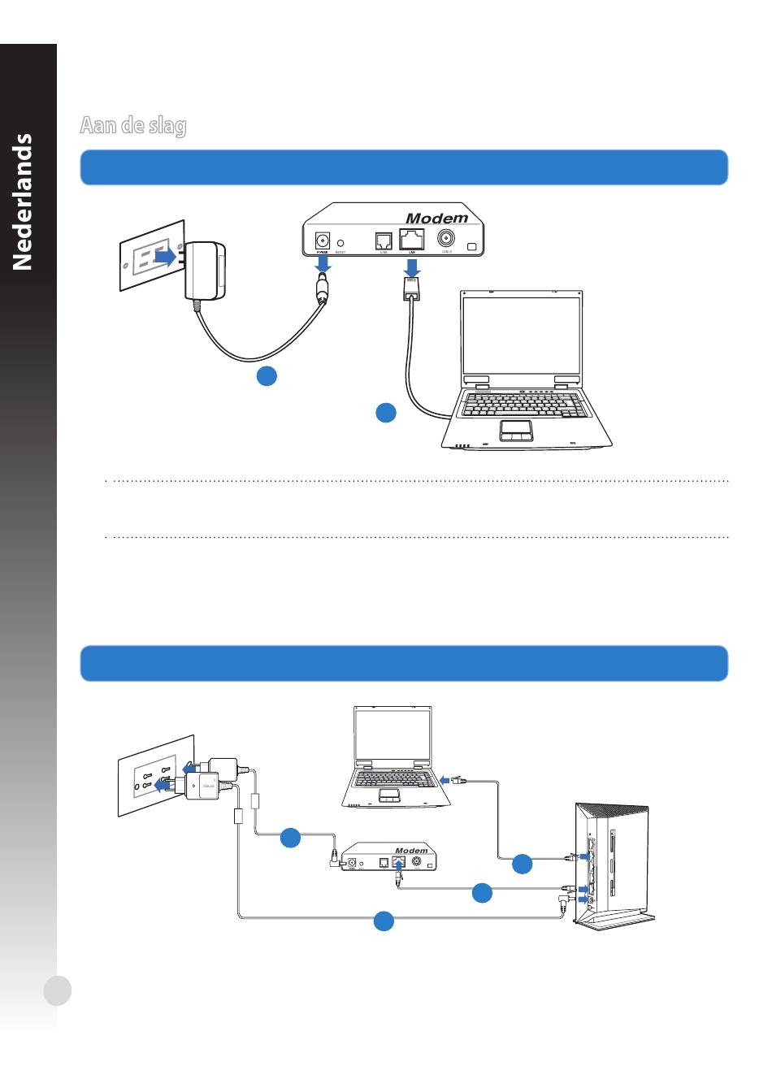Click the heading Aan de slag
tap(133, 126)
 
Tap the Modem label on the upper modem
tap(436, 218)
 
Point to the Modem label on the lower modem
tap(411, 851)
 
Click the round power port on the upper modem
tap(323, 240)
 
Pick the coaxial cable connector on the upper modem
tap(446, 239)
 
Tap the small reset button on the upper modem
tap(341, 242)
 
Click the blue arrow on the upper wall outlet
tap(165, 257)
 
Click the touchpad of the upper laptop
tap(516, 429)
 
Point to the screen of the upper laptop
tap(522, 334)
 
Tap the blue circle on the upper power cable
tap(267, 375)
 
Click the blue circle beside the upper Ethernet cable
tap(386, 413)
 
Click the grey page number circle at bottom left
tap(58, 990)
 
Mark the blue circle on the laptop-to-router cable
tap(523, 864)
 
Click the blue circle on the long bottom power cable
tap(384, 921)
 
